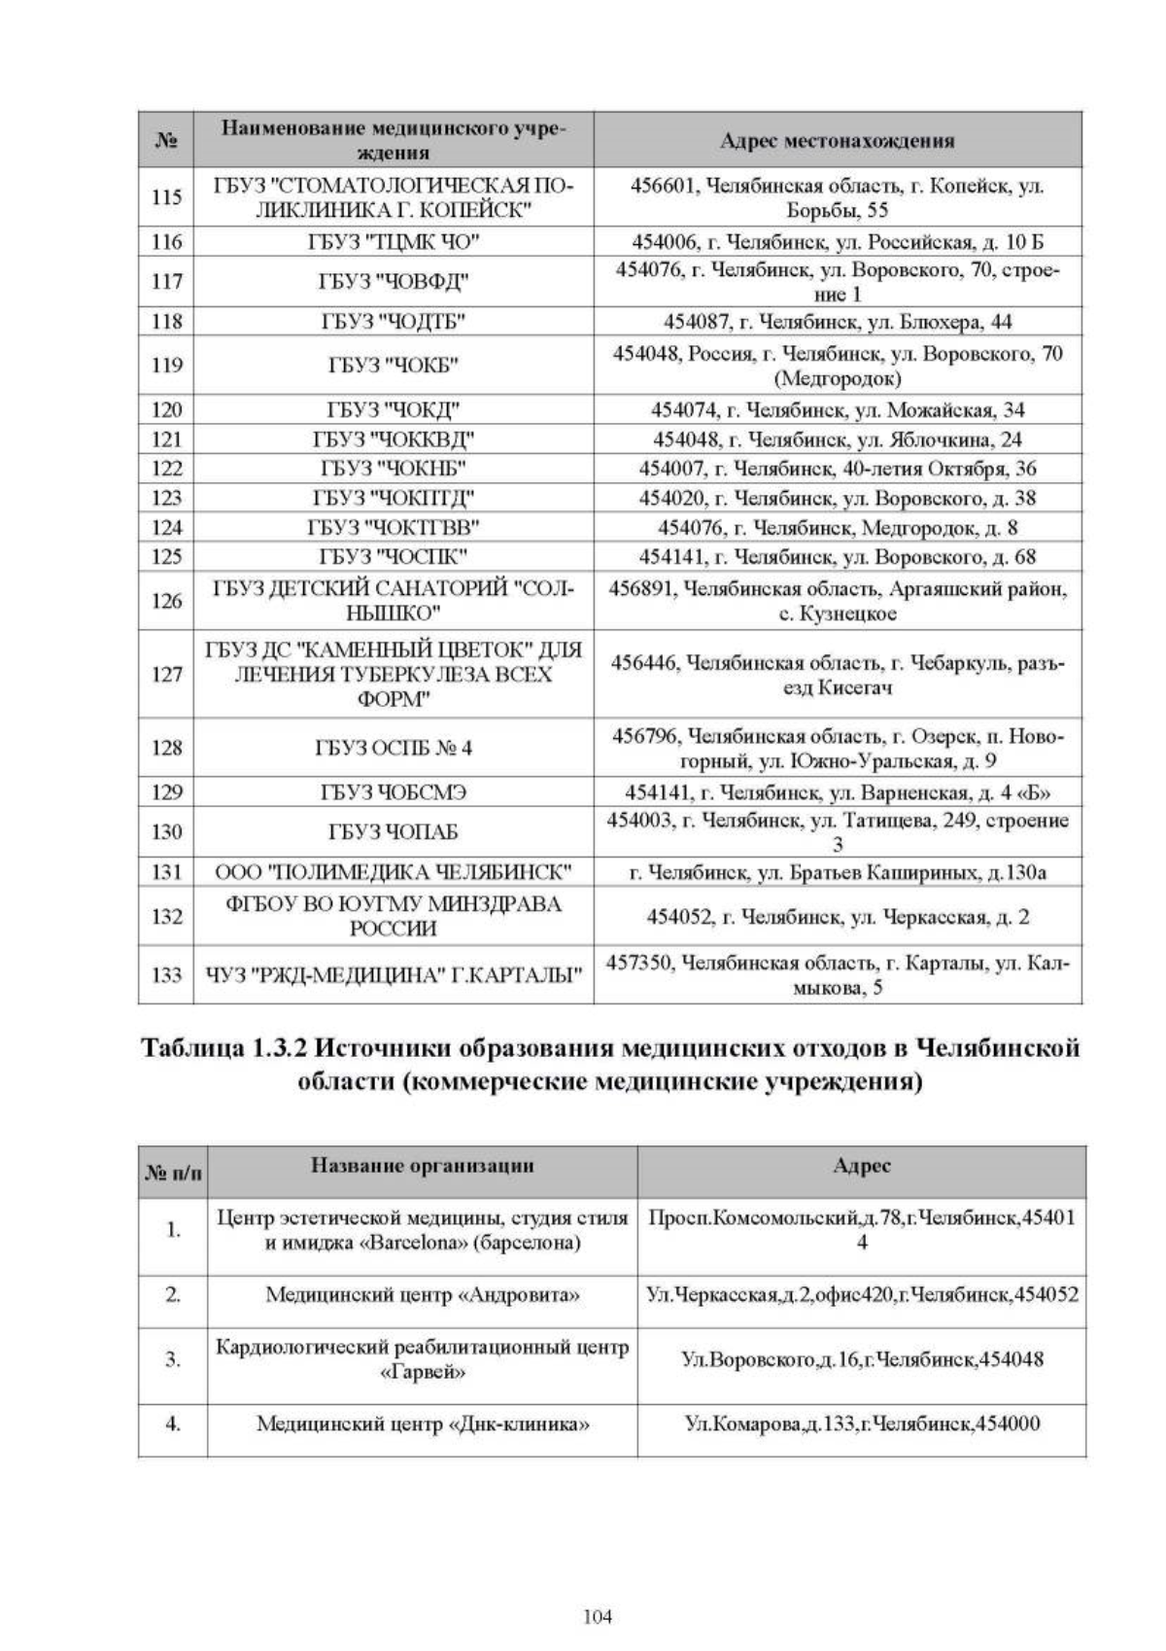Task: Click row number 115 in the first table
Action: pos(167,197)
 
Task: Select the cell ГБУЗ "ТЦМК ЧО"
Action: pos(394,241)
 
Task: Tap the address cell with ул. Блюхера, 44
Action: pos(838,321)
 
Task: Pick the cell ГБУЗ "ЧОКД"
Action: pos(394,409)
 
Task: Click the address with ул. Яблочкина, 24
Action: pos(838,439)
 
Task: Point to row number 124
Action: pos(167,528)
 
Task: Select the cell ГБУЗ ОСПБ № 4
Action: pos(394,748)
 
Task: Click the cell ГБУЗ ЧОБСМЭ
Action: pos(394,792)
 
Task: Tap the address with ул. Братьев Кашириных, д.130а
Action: pos(838,872)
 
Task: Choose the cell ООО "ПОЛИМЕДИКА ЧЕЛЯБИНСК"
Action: pos(394,872)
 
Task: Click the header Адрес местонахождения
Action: pos(838,141)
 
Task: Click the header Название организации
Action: pos(423,1166)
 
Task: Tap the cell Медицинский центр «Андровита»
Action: pos(423,1295)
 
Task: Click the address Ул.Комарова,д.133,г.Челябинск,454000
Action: pos(862,1423)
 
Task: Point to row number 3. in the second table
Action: pos(173,1359)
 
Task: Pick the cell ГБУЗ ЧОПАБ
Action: pos(394,832)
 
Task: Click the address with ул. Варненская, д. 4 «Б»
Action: pos(838,792)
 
